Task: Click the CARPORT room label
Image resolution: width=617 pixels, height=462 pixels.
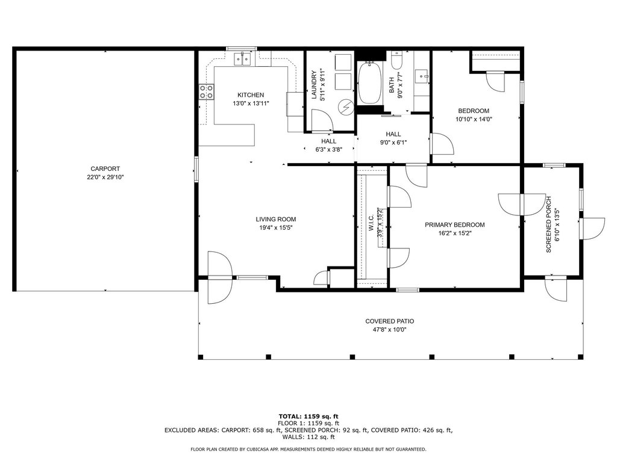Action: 105,169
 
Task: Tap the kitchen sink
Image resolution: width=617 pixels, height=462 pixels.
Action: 243,60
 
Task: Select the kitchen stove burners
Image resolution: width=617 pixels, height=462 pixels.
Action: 206,91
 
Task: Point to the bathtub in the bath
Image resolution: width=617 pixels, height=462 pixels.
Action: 370,83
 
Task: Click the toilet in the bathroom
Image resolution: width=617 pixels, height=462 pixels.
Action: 396,60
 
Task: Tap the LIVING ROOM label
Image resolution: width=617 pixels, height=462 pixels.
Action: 276,219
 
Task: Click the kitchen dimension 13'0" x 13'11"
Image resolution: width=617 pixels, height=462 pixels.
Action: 251,103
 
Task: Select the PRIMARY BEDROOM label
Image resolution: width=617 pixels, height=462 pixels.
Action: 454,225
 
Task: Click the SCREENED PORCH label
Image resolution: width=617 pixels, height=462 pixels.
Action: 548,224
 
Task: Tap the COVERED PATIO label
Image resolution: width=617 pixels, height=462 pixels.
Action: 390,321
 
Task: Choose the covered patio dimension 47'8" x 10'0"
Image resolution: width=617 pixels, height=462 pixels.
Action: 390,330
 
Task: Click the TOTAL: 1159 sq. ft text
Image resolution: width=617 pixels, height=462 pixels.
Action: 308,416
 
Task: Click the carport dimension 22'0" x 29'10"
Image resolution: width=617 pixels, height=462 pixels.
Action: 105,177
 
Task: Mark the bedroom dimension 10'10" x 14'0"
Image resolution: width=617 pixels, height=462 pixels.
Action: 474,119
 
